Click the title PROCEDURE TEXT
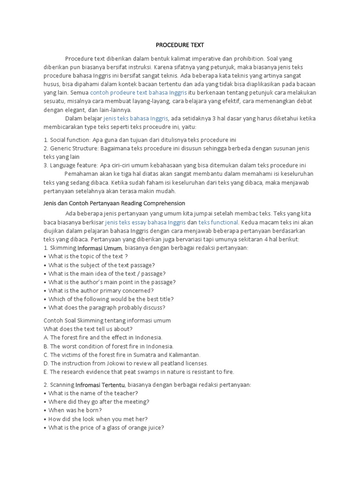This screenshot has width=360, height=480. tap(180, 45)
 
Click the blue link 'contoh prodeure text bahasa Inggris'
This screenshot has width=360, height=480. tap(138, 93)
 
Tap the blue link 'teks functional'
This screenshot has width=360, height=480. tap(219, 222)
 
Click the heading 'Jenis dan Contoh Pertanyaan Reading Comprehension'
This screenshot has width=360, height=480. tap(114, 203)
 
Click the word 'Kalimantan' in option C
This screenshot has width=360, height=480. tap(183, 355)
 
